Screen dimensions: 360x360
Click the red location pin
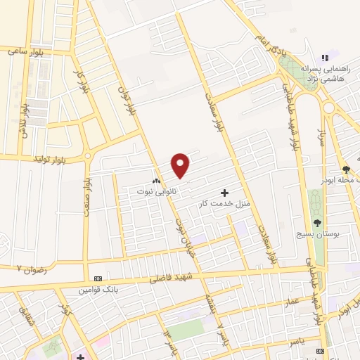pyautogui.click(x=181, y=165)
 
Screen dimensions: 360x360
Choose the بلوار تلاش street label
pyautogui.click(x=24, y=120)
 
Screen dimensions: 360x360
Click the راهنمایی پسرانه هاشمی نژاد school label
pyautogui.click(x=321, y=74)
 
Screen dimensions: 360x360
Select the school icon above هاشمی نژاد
pyautogui.click(x=324, y=57)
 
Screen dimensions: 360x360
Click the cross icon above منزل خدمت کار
pyautogui.click(x=224, y=193)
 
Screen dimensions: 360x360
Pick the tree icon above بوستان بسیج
pyautogui.click(x=317, y=222)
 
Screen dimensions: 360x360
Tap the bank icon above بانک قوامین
pyautogui.click(x=96, y=278)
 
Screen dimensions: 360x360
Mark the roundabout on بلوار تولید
pyautogui.click(x=86, y=155)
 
